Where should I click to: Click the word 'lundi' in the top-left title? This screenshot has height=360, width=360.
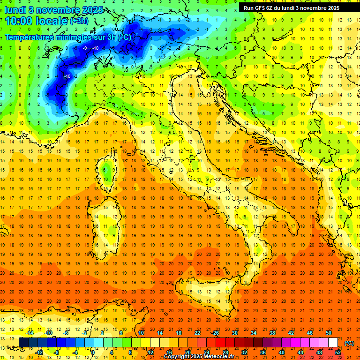[15, 10]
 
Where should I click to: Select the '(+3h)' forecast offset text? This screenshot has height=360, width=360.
[78, 21]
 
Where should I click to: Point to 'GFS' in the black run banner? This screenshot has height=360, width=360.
[259, 7]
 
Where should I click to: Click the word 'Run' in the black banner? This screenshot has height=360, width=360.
[248, 7]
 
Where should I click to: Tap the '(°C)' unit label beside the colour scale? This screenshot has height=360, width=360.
[349, 343]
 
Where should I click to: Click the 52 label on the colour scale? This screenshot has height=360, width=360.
[338, 352]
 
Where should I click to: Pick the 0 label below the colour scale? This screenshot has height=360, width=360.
[93, 352]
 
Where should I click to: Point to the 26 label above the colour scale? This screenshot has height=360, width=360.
[216, 333]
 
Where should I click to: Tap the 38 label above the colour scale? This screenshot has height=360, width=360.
[272, 333]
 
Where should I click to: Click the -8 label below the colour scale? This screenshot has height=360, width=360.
[57, 352]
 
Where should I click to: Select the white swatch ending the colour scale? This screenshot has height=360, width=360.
[333, 343]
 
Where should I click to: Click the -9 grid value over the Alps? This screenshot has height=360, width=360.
[85, 48]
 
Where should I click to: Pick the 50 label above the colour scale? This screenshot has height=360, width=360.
[329, 333]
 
